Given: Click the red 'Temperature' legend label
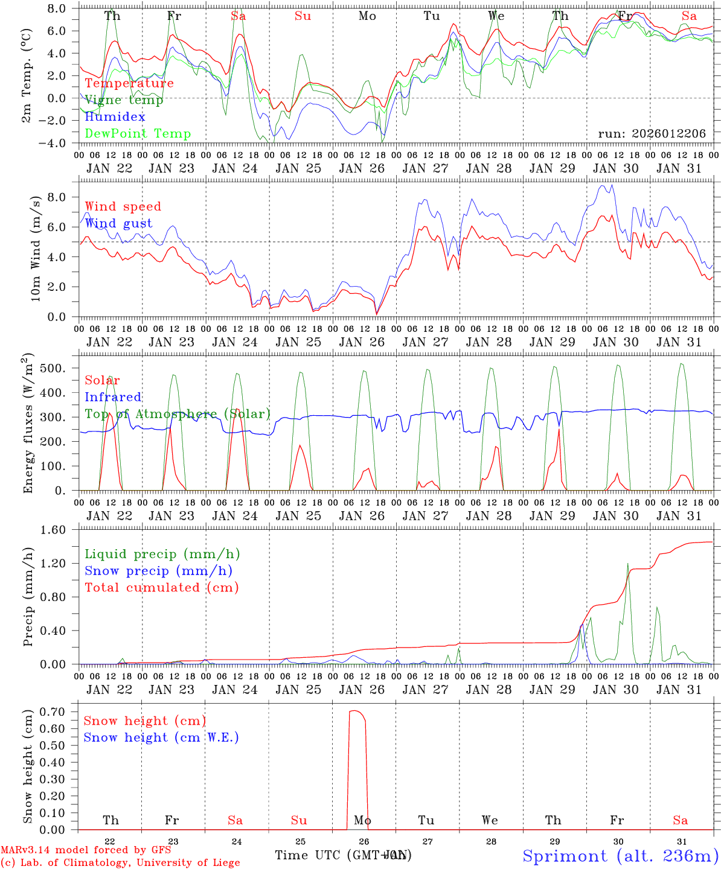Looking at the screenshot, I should (x=129, y=83).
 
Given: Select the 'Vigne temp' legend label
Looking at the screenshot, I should (x=124, y=100).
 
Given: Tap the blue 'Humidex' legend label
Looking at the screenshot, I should (x=115, y=117).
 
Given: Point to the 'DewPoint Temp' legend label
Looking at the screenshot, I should (x=138, y=134).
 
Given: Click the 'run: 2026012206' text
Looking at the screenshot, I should (x=652, y=133).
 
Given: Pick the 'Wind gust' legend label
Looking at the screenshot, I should (x=118, y=223).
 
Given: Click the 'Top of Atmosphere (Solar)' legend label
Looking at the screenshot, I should (x=178, y=414).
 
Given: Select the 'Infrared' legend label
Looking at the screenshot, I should (x=113, y=397).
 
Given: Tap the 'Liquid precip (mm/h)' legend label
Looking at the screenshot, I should (x=162, y=554).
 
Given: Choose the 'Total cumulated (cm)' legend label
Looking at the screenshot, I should (x=162, y=587).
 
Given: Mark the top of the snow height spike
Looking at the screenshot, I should (x=356, y=711).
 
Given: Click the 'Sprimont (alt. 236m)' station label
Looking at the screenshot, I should (x=620, y=856).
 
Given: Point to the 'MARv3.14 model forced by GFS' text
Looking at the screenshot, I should (x=86, y=850).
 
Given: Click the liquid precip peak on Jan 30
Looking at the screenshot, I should (x=628, y=564).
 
